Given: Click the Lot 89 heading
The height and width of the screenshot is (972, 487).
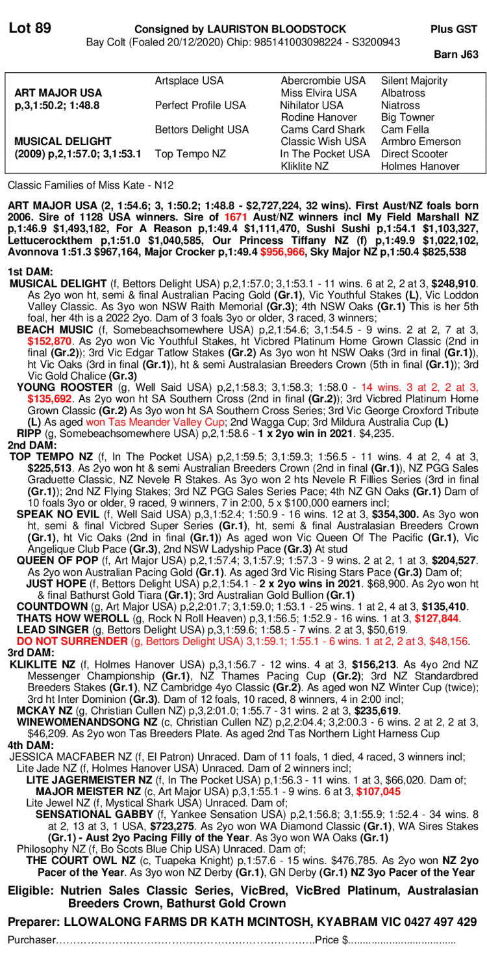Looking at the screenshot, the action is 30,28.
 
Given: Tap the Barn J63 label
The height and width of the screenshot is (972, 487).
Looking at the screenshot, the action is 456,55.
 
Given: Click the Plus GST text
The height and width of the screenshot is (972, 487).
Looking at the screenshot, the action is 454,29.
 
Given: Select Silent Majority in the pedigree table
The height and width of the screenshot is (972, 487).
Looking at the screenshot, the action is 414,81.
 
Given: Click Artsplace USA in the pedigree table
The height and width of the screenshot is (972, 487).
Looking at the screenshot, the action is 189,81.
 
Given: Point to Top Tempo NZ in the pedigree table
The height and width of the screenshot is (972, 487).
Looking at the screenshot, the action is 190,154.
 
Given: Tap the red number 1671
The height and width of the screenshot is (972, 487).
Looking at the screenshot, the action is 235,217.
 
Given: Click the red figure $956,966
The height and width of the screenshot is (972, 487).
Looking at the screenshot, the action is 282,252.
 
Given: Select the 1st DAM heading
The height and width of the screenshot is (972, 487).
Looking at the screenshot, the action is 30,272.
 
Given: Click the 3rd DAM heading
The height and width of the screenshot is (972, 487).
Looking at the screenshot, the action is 31,653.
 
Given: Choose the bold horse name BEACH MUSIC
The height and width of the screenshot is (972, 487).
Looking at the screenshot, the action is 55,330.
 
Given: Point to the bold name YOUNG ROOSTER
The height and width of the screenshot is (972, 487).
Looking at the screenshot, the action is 64,387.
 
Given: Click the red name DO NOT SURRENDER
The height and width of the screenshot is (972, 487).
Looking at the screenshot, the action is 72,641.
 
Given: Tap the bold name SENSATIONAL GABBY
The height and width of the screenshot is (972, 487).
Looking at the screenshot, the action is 94,815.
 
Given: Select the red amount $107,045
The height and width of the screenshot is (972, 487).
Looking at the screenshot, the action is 379,791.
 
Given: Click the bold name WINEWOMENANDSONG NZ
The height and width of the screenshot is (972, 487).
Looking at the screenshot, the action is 86,722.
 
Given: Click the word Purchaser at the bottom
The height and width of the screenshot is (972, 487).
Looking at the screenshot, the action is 32,940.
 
